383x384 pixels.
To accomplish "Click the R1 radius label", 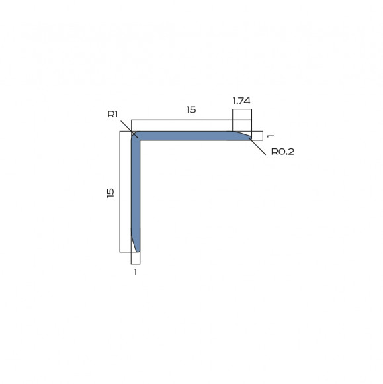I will tap(112, 115).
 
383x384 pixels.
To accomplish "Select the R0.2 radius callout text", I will tap(282, 152).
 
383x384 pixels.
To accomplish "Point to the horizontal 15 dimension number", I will tap(191, 110).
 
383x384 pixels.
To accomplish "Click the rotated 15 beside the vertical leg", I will tap(110, 192).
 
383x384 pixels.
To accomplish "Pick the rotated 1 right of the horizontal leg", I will tap(270, 136).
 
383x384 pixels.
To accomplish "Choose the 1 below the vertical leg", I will tap(136, 271).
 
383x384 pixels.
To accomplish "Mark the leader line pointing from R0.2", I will tap(259, 146).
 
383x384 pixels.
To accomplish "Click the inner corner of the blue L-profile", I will tap(140, 140).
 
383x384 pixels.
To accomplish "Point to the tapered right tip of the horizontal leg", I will tap(247, 136).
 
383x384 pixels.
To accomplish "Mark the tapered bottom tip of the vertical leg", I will tap(137, 248).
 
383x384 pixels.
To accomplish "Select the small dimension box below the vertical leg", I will tap(136, 258).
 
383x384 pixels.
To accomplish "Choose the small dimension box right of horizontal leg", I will tap(257, 136).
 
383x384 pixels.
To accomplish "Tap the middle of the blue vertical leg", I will tap(136, 192).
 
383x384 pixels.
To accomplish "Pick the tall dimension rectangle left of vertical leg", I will tap(125, 192).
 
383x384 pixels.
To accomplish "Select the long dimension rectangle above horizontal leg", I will tap(182, 125).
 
